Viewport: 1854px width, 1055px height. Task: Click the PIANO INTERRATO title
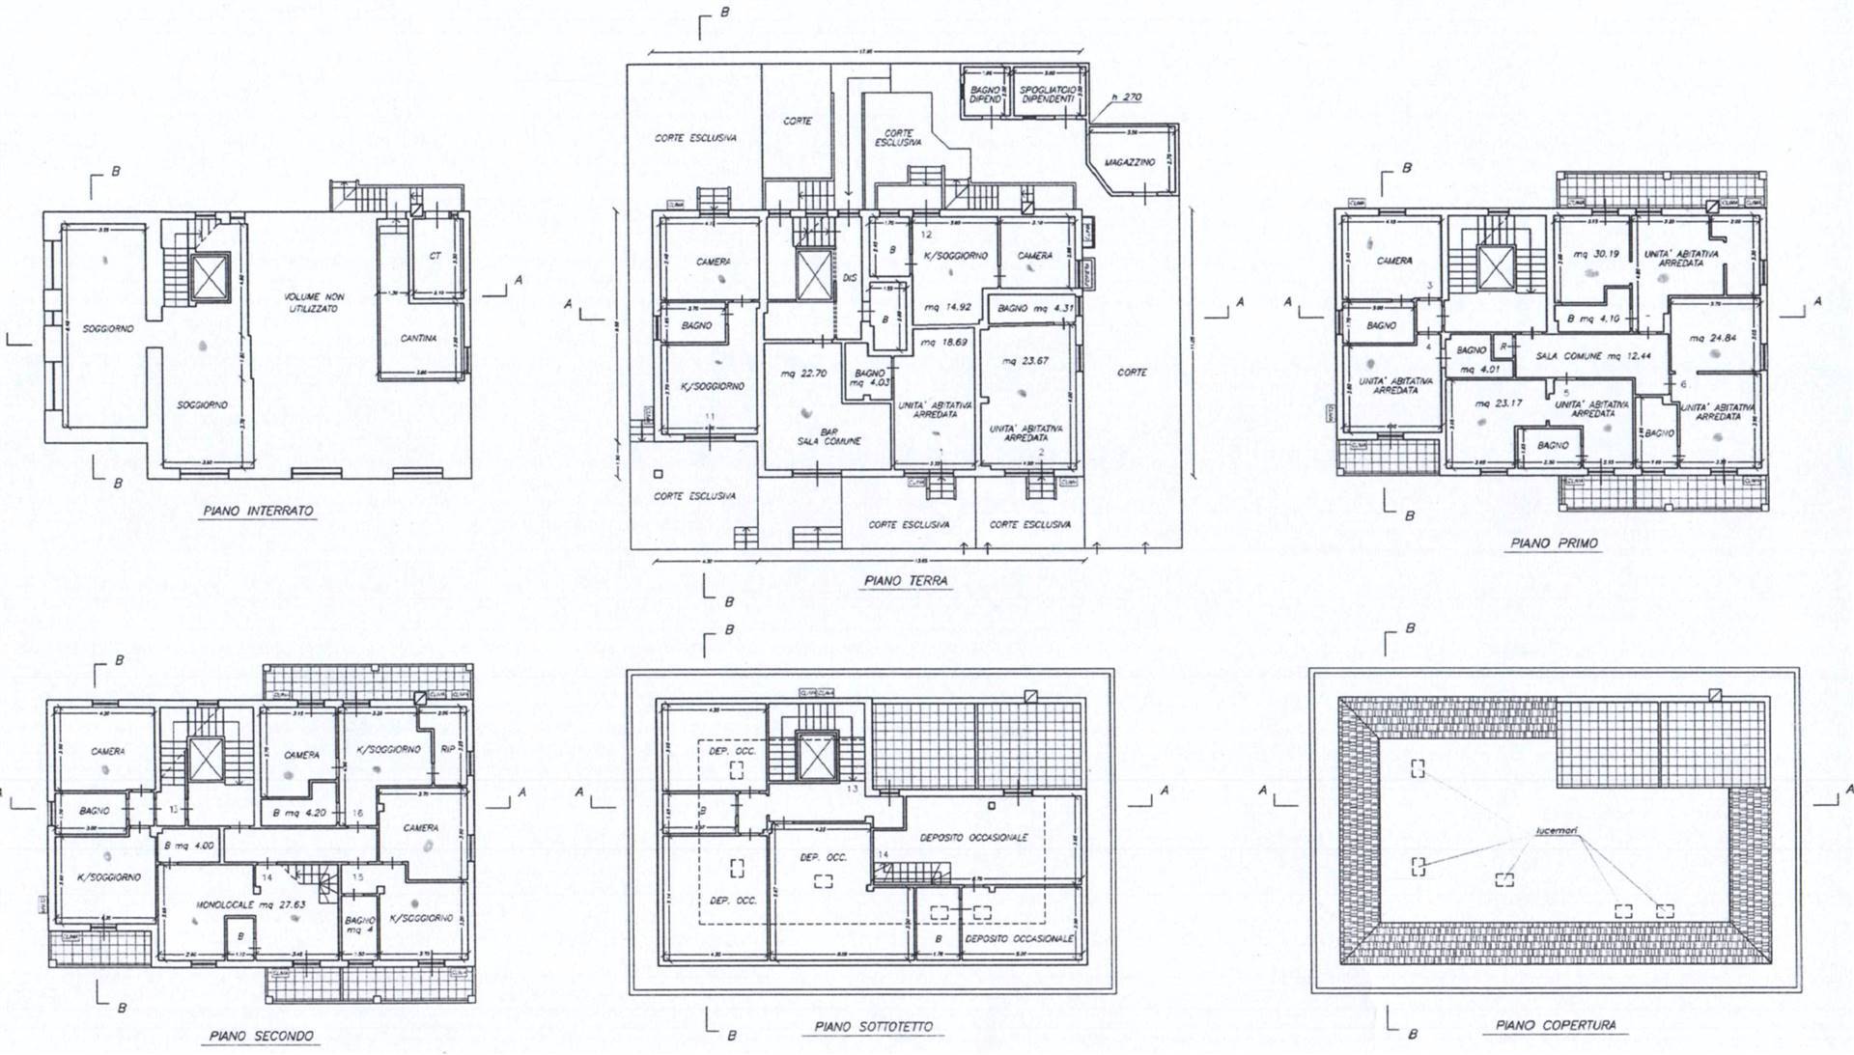[258, 511]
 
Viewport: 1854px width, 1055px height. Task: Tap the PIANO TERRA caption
[906, 581]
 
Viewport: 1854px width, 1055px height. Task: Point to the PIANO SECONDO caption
[261, 1036]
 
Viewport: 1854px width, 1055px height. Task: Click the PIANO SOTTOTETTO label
[874, 1027]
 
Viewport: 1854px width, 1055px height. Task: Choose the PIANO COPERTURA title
[1556, 1025]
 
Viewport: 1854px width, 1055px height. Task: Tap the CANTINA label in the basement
[419, 339]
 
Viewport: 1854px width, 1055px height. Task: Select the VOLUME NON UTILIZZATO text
[313, 302]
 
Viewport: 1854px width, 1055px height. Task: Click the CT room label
[435, 257]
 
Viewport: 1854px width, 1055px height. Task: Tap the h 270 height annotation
[1126, 97]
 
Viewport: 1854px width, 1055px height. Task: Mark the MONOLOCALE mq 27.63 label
[238, 906]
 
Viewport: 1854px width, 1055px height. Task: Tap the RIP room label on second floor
[447, 748]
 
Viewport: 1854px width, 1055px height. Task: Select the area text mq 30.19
[1594, 255]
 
